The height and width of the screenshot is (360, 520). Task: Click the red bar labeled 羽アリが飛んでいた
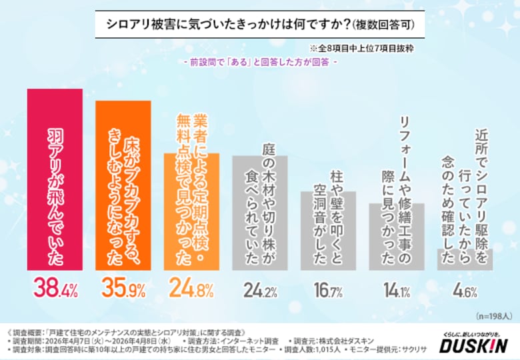tap(55, 180)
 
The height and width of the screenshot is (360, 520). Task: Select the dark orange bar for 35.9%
tap(123, 186)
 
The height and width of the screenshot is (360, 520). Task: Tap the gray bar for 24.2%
tap(260, 213)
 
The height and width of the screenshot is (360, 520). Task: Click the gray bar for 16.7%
tap(329, 231)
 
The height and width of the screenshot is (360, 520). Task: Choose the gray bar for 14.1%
tap(397, 237)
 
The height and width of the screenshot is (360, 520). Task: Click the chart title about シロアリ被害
tap(260, 25)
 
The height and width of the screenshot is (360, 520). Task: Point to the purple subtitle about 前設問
tap(260, 63)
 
